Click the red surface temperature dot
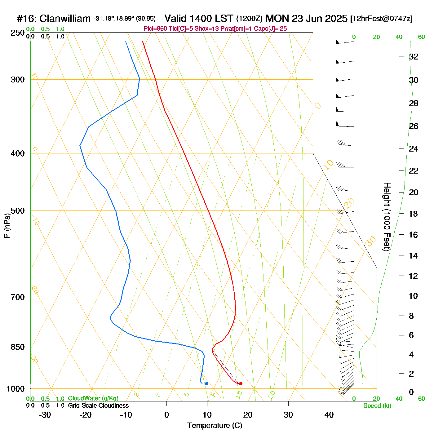pyautogui.click(x=241, y=384)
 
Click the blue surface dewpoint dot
pyautogui.click(x=206, y=384)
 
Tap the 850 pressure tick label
pyautogui.click(x=18, y=347)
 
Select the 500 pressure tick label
pyautogui.click(x=18, y=211)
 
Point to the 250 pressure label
pyautogui.click(x=18, y=33)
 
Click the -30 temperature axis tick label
pyautogui.click(x=45, y=415)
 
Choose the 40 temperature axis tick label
pyautogui.click(x=329, y=415)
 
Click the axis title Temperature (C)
pyautogui.click(x=215, y=426)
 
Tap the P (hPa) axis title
pyautogui.click(x=7, y=225)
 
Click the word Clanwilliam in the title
pyautogui.click(x=65, y=19)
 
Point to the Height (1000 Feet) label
pyautogui.click(x=387, y=217)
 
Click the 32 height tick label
pyautogui.click(x=414, y=56)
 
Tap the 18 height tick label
pyautogui.click(x=414, y=214)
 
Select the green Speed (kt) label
pyautogui.click(x=377, y=406)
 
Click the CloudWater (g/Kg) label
pyautogui.click(x=93, y=398)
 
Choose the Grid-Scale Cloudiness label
pyautogui.click(x=98, y=405)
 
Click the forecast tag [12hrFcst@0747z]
pyautogui.click(x=381, y=19)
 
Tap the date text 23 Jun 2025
pyautogui.click(x=319, y=19)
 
